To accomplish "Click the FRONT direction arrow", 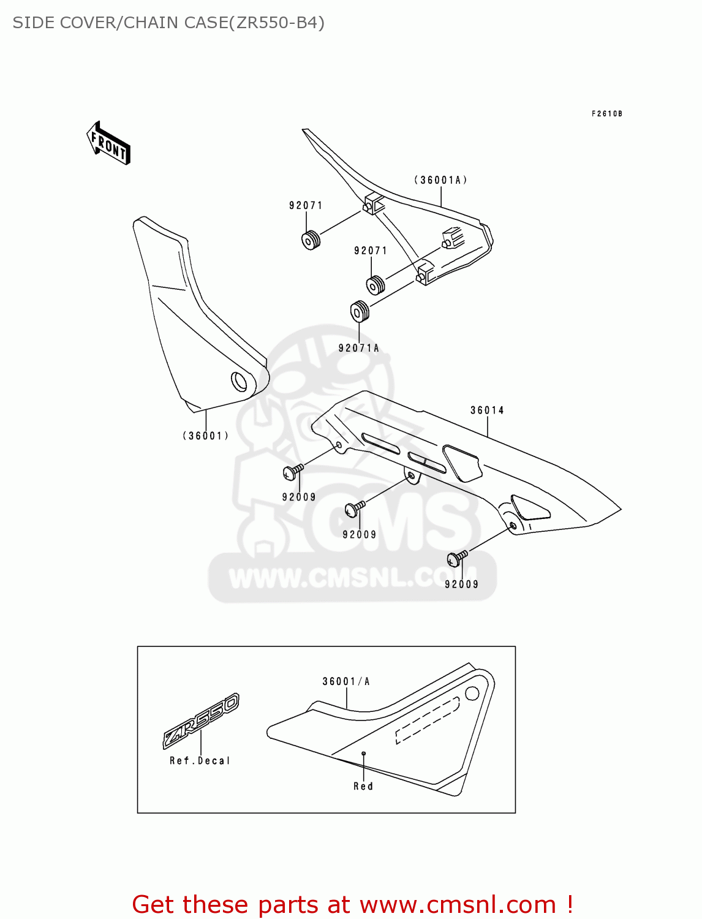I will pyautogui.click(x=108, y=144).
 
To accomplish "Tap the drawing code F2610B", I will pyautogui.click(x=606, y=114).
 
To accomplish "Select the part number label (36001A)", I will pyautogui.click(x=440, y=180).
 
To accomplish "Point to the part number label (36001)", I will pyautogui.click(x=206, y=436).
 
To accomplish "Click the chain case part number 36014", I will pyautogui.click(x=487, y=410).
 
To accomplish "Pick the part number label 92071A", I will pyautogui.click(x=359, y=348).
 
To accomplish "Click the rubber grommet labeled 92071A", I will pyautogui.click(x=360, y=312).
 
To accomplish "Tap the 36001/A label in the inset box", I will pyautogui.click(x=346, y=681).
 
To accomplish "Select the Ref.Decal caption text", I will pyautogui.click(x=200, y=761).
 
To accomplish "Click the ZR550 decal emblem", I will pyautogui.click(x=201, y=720).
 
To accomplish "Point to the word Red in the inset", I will pyautogui.click(x=363, y=786).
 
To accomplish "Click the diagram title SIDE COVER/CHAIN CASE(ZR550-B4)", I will pyautogui.click(x=168, y=23).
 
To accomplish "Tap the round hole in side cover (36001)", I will pyautogui.click(x=238, y=382).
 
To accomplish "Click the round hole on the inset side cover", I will pyautogui.click(x=472, y=694).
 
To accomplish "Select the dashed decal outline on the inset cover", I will pyautogui.click(x=427, y=720).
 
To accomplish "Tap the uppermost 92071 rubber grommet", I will pyautogui.click(x=312, y=240).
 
